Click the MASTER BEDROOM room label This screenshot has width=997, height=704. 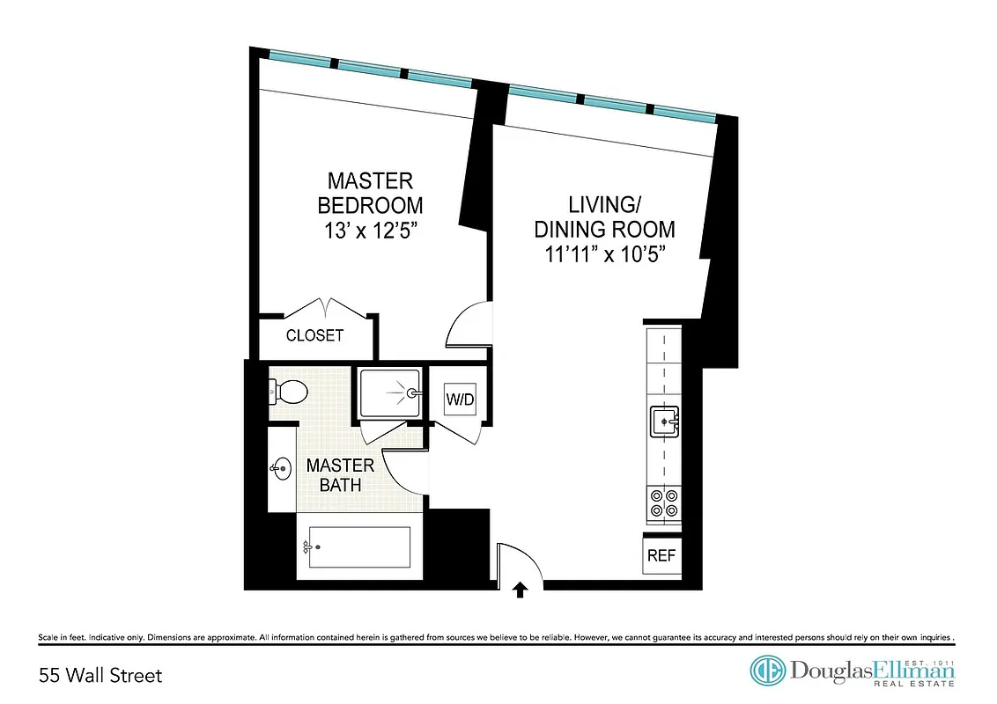point(370,194)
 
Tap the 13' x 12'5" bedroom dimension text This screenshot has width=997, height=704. point(370,231)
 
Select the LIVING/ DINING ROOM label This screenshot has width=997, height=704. point(604,217)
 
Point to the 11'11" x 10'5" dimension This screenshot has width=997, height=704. point(604,254)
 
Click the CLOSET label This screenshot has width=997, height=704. point(314,336)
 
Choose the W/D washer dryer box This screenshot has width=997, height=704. point(459,399)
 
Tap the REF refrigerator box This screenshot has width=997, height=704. point(661,556)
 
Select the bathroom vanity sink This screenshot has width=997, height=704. point(282,468)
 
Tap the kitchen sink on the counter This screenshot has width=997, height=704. point(662,422)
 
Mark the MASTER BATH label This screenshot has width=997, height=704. point(339,475)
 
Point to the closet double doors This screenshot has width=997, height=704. point(327,309)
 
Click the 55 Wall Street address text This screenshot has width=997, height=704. point(100,676)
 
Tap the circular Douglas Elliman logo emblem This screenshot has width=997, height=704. point(767,671)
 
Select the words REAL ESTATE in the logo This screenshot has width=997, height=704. point(920,684)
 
